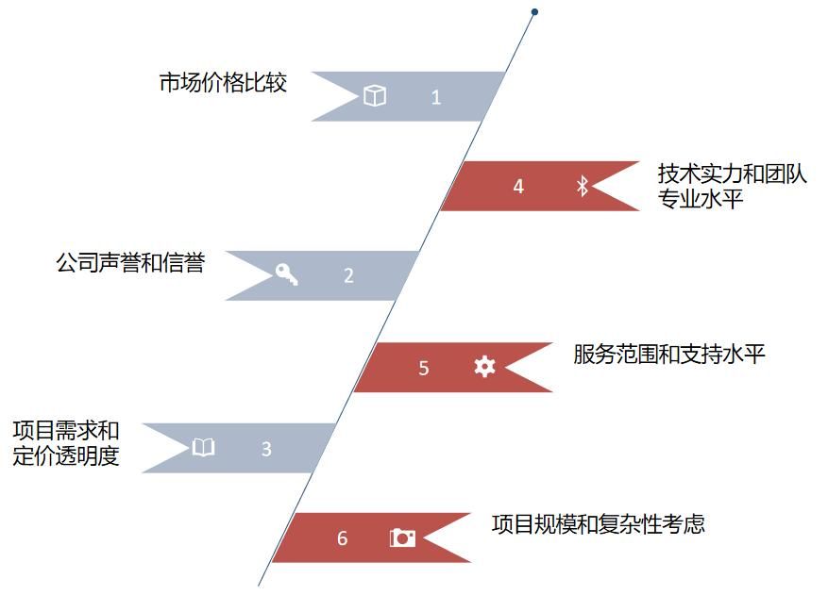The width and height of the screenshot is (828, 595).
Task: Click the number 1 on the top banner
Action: (x=435, y=97)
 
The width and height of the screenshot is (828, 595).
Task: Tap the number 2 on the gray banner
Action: (x=348, y=276)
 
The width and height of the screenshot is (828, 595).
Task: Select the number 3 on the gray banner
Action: (x=266, y=450)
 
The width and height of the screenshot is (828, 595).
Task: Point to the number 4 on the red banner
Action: (x=518, y=187)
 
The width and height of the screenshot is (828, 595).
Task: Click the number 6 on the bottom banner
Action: (x=342, y=538)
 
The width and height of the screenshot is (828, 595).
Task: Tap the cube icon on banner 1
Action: (x=375, y=96)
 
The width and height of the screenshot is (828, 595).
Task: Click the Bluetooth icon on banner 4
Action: (x=583, y=187)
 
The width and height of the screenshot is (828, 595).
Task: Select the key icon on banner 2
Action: (x=286, y=274)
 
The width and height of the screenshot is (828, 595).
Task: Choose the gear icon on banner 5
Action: (x=484, y=367)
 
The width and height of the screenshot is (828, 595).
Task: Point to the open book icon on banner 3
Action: (x=204, y=448)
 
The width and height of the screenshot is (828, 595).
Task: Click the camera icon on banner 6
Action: (x=403, y=537)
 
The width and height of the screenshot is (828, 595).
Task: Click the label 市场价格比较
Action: (x=223, y=83)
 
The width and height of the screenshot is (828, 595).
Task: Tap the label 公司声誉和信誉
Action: (x=130, y=262)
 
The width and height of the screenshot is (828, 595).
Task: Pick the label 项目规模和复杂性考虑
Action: (x=599, y=524)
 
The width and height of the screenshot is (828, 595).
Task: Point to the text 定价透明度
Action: (x=66, y=459)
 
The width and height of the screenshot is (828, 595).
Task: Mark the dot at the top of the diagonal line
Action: (x=534, y=12)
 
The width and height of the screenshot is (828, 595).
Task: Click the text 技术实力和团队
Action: (x=733, y=174)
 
